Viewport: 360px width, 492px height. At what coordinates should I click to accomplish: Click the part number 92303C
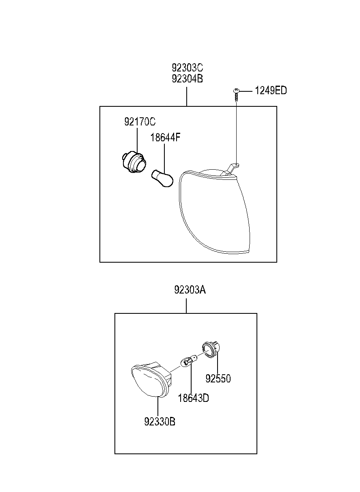[x=187, y=67]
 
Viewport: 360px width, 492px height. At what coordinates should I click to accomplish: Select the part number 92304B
[x=187, y=78]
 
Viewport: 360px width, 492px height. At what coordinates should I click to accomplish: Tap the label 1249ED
[x=270, y=91]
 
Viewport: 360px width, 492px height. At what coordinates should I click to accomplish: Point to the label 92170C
[x=140, y=122]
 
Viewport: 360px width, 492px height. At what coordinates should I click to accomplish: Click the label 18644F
[x=165, y=138]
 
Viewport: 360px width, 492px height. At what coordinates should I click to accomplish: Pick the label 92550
[x=218, y=379]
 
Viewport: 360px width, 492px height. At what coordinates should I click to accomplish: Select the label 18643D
[x=193, y=398]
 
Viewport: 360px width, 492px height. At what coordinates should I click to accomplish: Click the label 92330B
[x=160, y=422]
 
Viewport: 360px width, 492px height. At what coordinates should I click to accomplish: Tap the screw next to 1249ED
[x=236, y=95]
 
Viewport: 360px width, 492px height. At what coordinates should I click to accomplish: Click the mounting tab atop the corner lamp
[x=232, y=167]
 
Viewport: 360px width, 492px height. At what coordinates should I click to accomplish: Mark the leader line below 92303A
[x=186, y=306]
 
